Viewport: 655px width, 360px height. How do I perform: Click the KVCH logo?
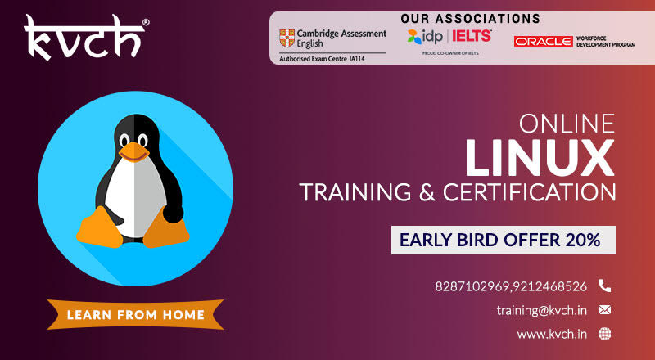coord(86,38)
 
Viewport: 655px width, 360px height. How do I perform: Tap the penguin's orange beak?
coord(133,151)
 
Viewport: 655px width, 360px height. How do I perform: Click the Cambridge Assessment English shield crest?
coord(287,38)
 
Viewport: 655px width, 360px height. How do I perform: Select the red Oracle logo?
coord(543,42)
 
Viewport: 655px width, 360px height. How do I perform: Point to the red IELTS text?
coord(472,36)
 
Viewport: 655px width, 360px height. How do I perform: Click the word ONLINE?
coord(567,124)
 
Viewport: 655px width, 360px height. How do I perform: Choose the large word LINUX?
coord(540,158)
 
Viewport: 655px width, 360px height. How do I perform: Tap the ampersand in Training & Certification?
coord(427,193)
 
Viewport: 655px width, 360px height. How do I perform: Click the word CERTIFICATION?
coord(529,192)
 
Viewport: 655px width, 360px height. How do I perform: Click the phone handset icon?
coord(604,286)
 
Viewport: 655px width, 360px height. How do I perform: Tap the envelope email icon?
coord(604,310)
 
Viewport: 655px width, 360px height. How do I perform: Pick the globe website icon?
coord(604,334)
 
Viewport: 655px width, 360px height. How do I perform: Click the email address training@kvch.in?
coord(541,310)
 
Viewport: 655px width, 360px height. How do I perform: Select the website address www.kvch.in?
coord(552,334)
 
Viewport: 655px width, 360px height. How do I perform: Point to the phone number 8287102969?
coord(472,286)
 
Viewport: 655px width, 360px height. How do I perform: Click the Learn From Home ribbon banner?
coord(135,314)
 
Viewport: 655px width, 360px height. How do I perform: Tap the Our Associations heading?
coord(470,18)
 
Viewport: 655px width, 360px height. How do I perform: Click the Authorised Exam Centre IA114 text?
coord(322,59)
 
